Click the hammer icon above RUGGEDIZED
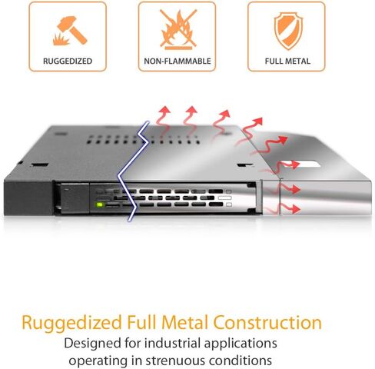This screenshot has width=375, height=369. click(x=72, y=30)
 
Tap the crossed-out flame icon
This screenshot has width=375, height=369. click(x=178, y=29)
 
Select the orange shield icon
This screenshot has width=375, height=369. click(x=288, y=30)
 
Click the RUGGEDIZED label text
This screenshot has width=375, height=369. click(x=68, y=61)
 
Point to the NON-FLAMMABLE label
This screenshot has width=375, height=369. click(x=178, y=61)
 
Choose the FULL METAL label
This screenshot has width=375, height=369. click(x=287, y=61)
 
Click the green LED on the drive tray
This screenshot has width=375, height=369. click(x=99, y=204)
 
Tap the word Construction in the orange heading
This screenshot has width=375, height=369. click(x=267, y=323)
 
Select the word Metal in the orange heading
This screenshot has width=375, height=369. click(x=184, y=323)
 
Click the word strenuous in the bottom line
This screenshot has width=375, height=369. click(x=175, y=361)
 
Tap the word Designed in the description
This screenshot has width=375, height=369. click(x=93, y=344)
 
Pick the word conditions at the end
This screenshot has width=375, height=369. click(x=241, y=361)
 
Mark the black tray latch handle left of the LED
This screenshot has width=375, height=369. click(x=72, y=198)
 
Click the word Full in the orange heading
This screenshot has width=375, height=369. click(x=141, y=323)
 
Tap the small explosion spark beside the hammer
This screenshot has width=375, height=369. click(x=61, y=39)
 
